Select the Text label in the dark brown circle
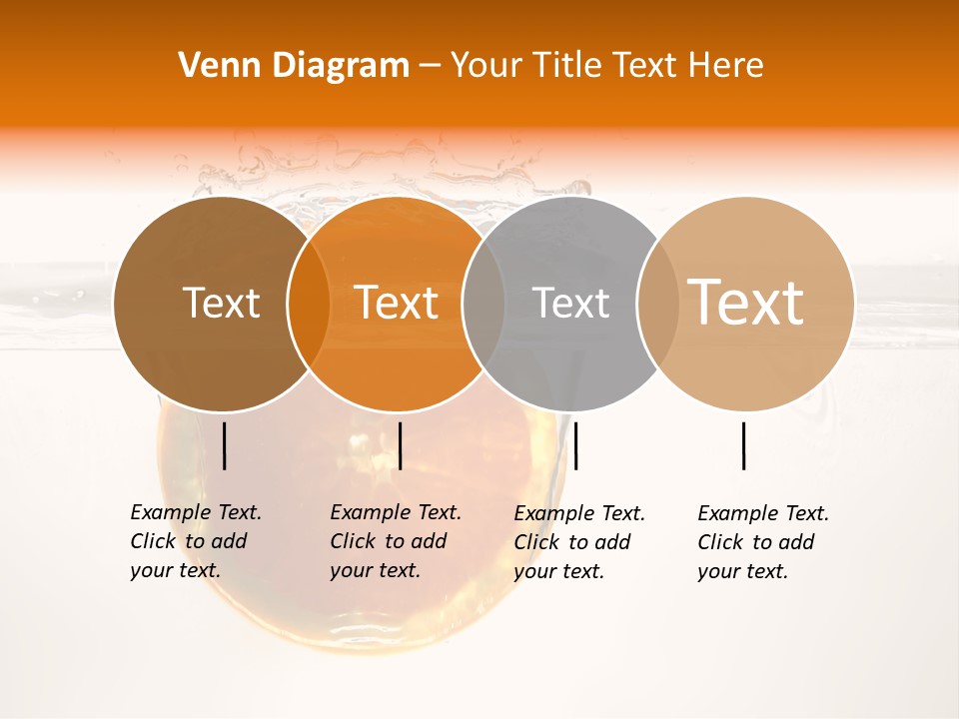click(221, 303)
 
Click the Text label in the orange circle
click(397, 303)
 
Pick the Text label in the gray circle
click(571, 303)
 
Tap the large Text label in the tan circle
click(746, 303)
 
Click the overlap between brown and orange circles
click(309, 303)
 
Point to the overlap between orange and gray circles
click(483, 303)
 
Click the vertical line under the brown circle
click(224, 445)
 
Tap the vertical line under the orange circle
click(400, 445)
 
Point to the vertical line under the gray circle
click(575, 445)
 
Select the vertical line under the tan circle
click(743, 445)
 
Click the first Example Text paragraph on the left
click(195, 541)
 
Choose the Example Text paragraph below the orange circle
click(395, 541)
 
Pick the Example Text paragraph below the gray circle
click(578, 542)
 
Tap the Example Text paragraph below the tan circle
click(762, 542)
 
